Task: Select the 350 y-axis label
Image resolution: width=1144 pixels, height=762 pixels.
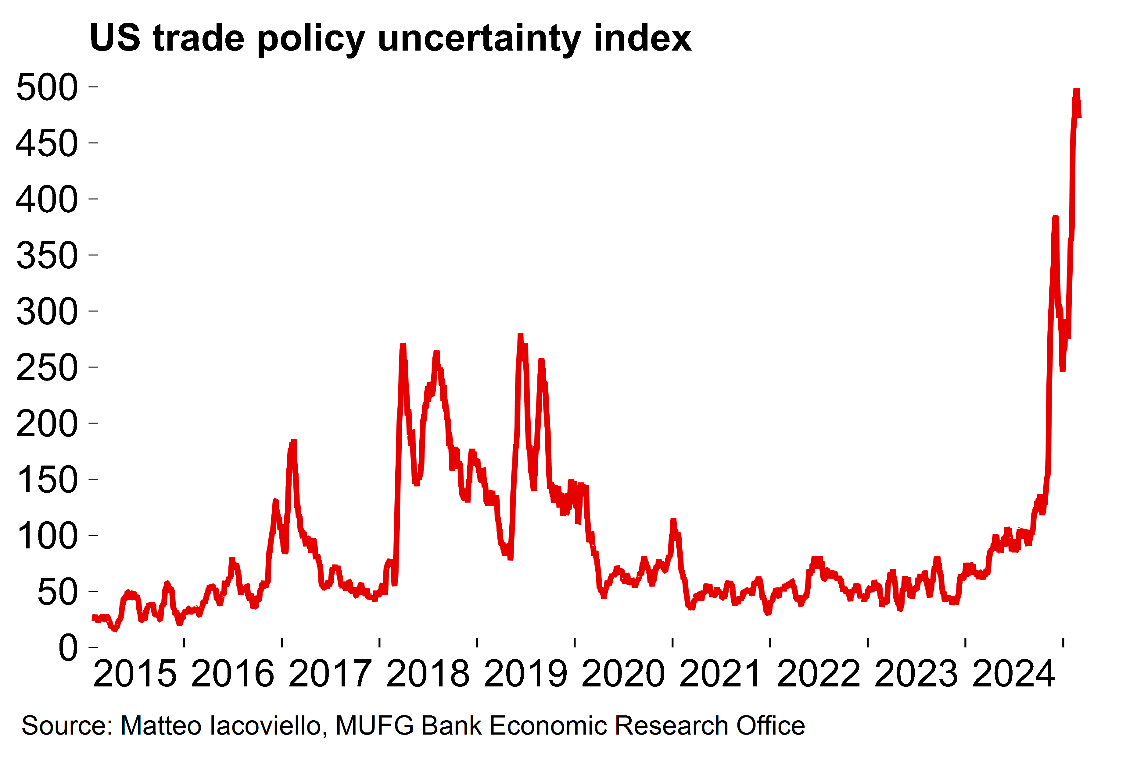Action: coord(47,255)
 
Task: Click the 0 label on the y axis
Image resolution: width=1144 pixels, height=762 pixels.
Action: coord(68,648)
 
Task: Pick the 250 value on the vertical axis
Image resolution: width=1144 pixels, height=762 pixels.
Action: coord(47,367)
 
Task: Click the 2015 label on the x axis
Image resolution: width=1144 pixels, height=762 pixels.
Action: coord(135,674)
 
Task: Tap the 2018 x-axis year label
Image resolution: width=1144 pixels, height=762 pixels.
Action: coord(428,674)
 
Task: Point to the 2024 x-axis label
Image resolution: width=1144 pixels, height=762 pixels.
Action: coord(1014,674)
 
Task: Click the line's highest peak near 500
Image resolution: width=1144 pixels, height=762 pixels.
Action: coord(1076,91)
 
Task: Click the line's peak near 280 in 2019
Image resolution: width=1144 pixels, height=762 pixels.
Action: coord(520,335)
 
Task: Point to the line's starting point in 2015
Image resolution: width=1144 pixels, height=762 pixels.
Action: coord(94,617)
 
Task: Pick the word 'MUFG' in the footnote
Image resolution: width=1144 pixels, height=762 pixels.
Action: coord(375,725)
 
